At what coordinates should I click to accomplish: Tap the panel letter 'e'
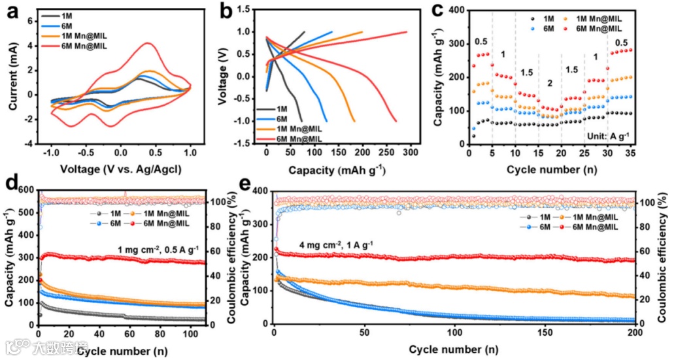point(247,184)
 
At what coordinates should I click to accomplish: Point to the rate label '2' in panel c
point(549,84)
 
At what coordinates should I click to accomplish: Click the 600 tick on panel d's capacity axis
point(25,190)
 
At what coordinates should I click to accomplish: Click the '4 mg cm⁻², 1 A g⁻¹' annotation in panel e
point(337,246)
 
